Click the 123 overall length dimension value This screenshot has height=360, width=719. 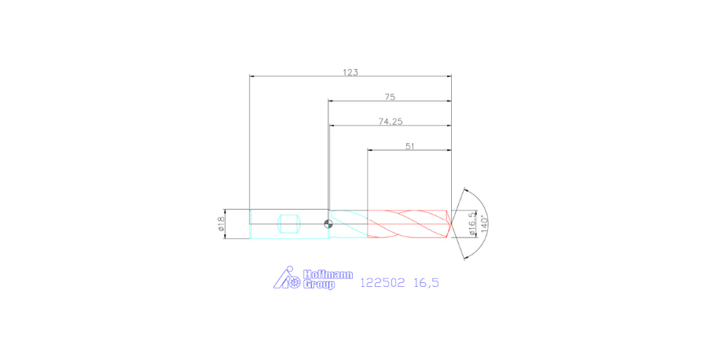coord(350,72)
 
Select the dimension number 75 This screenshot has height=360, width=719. coord(390,97)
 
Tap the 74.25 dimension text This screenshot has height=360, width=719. coord(390,122)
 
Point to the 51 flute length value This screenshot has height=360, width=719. coord(409,146)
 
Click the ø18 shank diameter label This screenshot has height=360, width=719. coord(221,225)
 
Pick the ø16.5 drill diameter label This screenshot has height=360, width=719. coord(471,223)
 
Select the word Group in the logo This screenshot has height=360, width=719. coord(318,285)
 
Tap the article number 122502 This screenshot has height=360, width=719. coord(382,282)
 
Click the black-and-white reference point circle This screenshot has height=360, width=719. coord(328,224)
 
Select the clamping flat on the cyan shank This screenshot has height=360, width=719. coord(289,224)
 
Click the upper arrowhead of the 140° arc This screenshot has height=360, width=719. coord(465,191)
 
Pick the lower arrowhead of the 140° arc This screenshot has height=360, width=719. coord(465,257)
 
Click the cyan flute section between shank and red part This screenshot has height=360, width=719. coord(348,224)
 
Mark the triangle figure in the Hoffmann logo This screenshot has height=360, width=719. coord(281,279)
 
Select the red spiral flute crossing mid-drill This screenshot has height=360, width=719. coord(409,224)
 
